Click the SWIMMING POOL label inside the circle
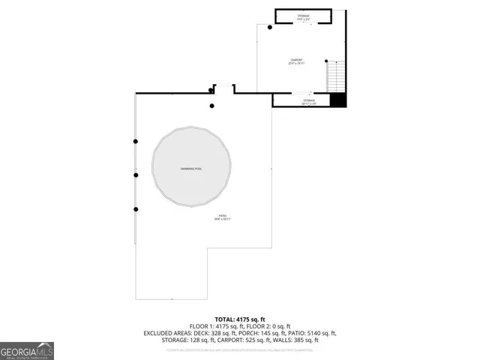[191, 169]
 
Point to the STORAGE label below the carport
[309, 100]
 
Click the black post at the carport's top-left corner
[270, 25]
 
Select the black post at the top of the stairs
[326, 61]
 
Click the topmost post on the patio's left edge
[136, 141]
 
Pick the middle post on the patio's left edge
[136, 175]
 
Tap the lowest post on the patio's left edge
[136, 209]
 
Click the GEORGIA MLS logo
[27, 350]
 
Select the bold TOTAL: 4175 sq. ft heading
[240, 319]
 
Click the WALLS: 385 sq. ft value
[300, 339]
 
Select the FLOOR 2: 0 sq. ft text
[268, 326]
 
